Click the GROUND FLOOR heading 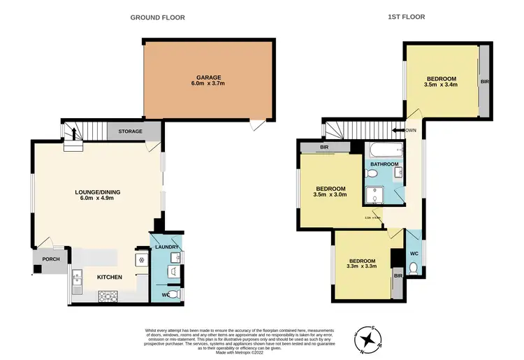pos(157,17)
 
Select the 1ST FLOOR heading pos(407,17)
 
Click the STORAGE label pos(130,131)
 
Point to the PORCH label pos(51,259)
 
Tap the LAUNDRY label pos(168,247)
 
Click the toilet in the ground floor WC pos(175,295)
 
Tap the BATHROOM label pos(384,164)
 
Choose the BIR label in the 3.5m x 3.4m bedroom pos(484,82)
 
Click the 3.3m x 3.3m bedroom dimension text pos(362,266)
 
